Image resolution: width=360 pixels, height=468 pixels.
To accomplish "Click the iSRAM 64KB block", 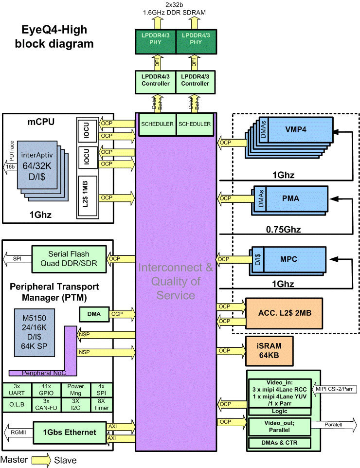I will pos(269,350).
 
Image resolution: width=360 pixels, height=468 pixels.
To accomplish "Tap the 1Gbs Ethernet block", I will pos(69,432).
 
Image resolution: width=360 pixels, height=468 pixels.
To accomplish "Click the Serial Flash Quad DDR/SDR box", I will pos(68,258).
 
